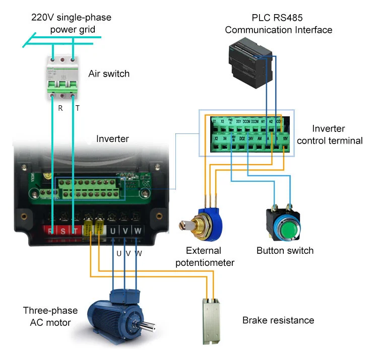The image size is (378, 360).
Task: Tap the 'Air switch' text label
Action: (x=109, y=74)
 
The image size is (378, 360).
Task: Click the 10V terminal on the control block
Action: (x=285, y=137)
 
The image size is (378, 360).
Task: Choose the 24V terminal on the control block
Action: (x=250, y=137)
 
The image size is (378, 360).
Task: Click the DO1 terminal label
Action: (x=238, y=121)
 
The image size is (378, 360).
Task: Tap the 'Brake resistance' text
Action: (x=278, y=320)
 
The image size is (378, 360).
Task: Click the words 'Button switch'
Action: (x=285, y=250)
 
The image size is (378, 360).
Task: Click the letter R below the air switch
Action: (x=60, y=108)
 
